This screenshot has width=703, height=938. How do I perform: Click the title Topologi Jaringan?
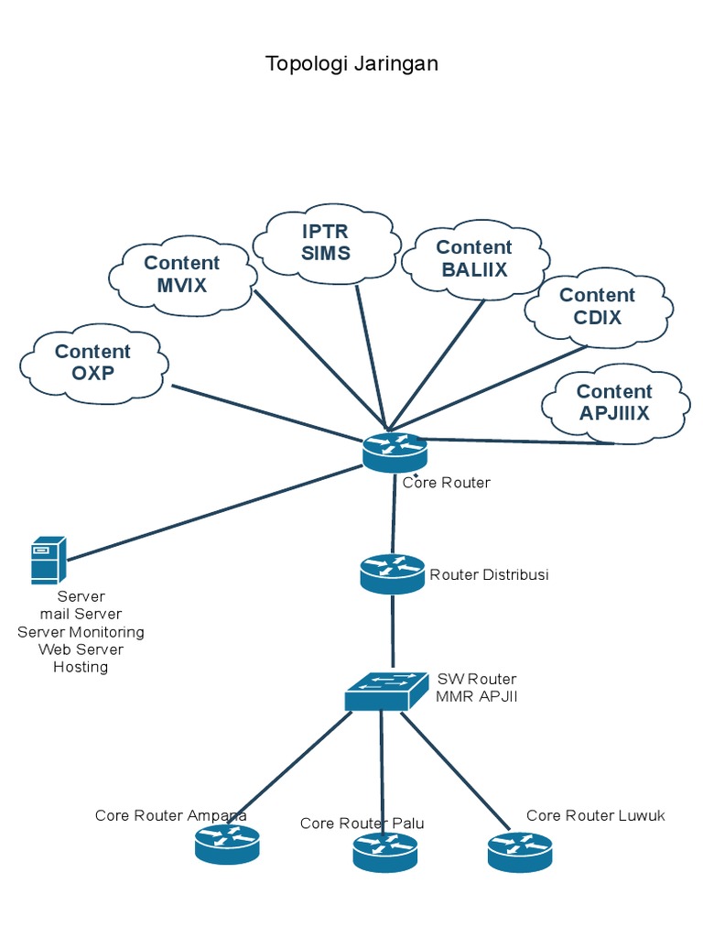[x=351, y=63]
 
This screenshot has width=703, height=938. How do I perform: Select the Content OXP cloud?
[x=93, y=363]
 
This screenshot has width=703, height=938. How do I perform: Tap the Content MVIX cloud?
[x=181, y=275]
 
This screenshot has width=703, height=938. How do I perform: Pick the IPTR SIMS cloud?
[x=326, y=242]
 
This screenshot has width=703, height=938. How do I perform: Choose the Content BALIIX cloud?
[x=474, y=259]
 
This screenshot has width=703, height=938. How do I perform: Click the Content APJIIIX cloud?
[x=614, y=403]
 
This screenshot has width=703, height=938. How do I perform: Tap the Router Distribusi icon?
[x=392, y=573]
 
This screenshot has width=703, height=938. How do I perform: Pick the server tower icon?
[x=48, y=561]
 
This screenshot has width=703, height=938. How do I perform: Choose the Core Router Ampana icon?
[x=227, y=844]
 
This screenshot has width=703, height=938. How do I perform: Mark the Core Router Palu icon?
[x=384, y=852]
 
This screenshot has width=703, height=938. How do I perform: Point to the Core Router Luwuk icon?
[x=520, y=852]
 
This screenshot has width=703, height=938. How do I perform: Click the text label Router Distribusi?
[x=489, y=575]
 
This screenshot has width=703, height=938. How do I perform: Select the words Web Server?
[x=81, y=649]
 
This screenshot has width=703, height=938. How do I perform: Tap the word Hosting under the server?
[x=81, y=667]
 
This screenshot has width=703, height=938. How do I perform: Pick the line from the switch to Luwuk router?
[x=455, y=770]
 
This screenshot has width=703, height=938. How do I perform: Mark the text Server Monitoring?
[x=81, y=632]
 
